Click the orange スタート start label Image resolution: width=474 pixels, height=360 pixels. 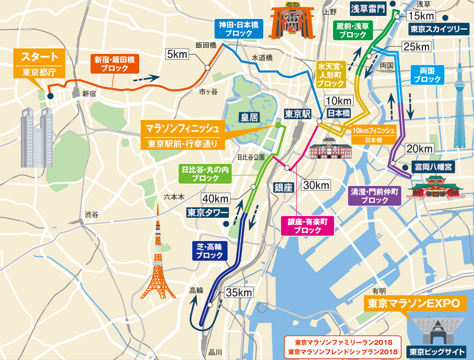[40, 57]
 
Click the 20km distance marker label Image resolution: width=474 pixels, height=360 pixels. [419, 147]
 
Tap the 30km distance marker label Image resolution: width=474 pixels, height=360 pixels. [315, 185]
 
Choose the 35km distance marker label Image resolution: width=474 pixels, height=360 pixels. [239, 292]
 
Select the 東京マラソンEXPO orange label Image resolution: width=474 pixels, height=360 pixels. [414, 304]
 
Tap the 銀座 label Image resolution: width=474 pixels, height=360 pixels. [283, 187]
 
